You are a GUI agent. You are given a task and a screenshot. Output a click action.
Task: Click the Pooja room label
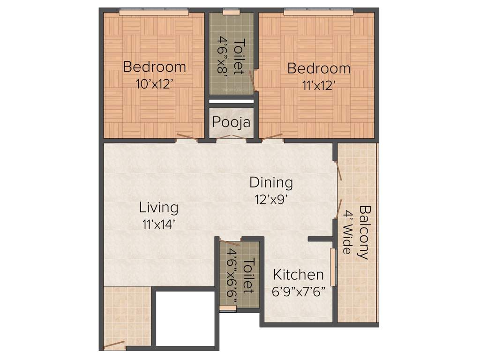(x=231, y=122)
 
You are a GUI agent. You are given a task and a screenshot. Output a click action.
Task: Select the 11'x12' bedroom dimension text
(x=319, y=85)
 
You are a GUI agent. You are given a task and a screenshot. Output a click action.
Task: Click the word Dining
(x=271, y=182)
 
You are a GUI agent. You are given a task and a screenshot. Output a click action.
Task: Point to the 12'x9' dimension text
(x=271, y=199)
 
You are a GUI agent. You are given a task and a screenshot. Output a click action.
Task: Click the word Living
(x=158, y=207)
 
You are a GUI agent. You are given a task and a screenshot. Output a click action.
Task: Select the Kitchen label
(x=299, y=274)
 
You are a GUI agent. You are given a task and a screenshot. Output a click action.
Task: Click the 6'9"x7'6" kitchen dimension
(x=299, y=291)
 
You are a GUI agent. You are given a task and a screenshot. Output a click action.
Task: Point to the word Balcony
(x=363, y=232)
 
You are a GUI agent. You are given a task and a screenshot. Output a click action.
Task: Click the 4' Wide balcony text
(x=347, y=232)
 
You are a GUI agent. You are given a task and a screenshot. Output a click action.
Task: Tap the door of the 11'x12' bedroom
(x=273, y=137)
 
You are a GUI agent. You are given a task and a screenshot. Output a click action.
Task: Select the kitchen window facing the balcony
(x=333, y=267)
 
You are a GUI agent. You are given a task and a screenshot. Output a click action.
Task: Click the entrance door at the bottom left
(x=114, y=345)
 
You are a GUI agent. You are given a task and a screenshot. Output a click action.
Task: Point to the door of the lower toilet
(x=230, y=243)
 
